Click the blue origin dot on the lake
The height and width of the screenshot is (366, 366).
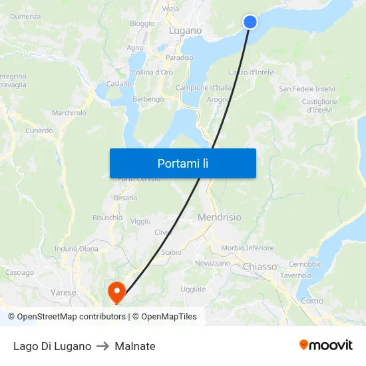pos(250,22)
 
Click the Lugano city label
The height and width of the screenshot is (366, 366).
pos(185,31)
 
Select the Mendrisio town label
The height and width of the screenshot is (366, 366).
pos(220,218)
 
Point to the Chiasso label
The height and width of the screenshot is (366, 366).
pos(260,267)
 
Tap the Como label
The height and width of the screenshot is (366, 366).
pos(311,301)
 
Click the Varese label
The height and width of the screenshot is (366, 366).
pos(63,292)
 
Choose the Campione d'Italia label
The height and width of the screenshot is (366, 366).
pos(204,88)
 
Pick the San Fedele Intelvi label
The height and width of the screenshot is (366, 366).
pos(307,89)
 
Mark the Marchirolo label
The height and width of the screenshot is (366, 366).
pos(69,113)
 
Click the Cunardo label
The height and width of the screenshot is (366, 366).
pos(39,130)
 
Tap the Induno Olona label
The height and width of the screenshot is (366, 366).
pos(76,249)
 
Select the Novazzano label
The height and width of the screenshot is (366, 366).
pos(212,264)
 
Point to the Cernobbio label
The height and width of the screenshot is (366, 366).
pos(305,264)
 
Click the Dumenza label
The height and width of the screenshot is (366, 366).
pos(25,16)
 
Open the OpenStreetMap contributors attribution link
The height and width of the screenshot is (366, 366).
pos(71,317)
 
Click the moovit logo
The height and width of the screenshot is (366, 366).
pos(325,345)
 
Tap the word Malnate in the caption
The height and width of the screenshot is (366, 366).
pos(135,346)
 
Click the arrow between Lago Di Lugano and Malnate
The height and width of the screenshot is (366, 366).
pos(103,346)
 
